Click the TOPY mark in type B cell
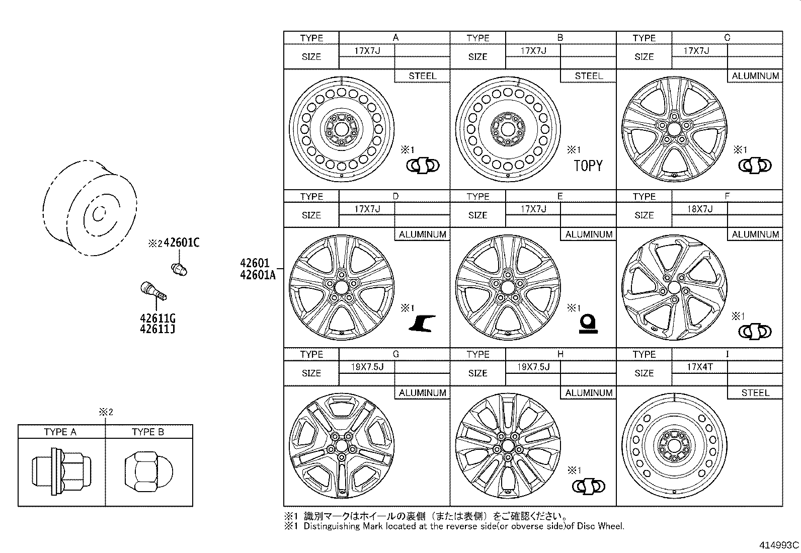[x=588, y=166]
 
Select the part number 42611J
[x=157, y=329]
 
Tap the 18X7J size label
[x=700, y=209]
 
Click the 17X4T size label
[x=700, y=367]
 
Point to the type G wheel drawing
[x=341, y=446]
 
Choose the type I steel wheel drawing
[x=674, y=446]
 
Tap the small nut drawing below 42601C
[x=179, y=269]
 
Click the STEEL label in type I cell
[x=755, y=392]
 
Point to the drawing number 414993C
[x=779, y=545]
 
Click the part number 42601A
[x=258, y=274]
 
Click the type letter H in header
[x=560, y=354]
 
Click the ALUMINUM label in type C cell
[x=755, y=76]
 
